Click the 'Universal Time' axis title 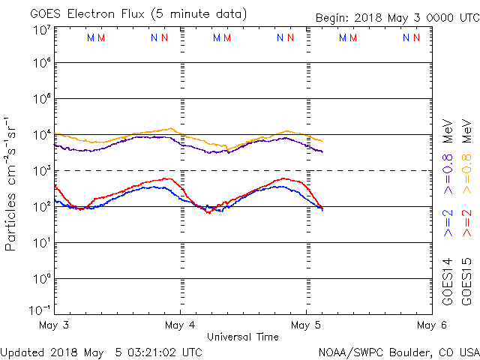243,337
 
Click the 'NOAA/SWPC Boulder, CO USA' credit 397,351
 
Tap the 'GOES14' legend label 448,280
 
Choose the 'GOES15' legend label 466,280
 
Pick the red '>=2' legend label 466,223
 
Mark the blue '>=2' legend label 448,223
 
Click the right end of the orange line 323,141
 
